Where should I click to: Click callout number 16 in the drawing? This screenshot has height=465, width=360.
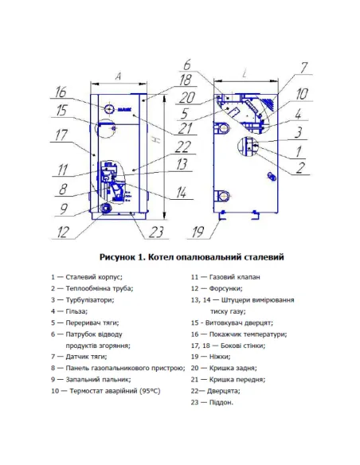click(x=61, y=91)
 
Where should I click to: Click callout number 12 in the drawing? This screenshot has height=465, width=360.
click(x=62, y=233)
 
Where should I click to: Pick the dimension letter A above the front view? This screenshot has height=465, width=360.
click(x=118, y=76)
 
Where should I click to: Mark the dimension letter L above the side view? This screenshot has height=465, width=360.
click(x=244, y=73)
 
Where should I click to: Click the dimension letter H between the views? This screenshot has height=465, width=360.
click(x=163, y=140)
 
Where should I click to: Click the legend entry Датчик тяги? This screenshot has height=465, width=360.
click(x=88, y=357)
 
